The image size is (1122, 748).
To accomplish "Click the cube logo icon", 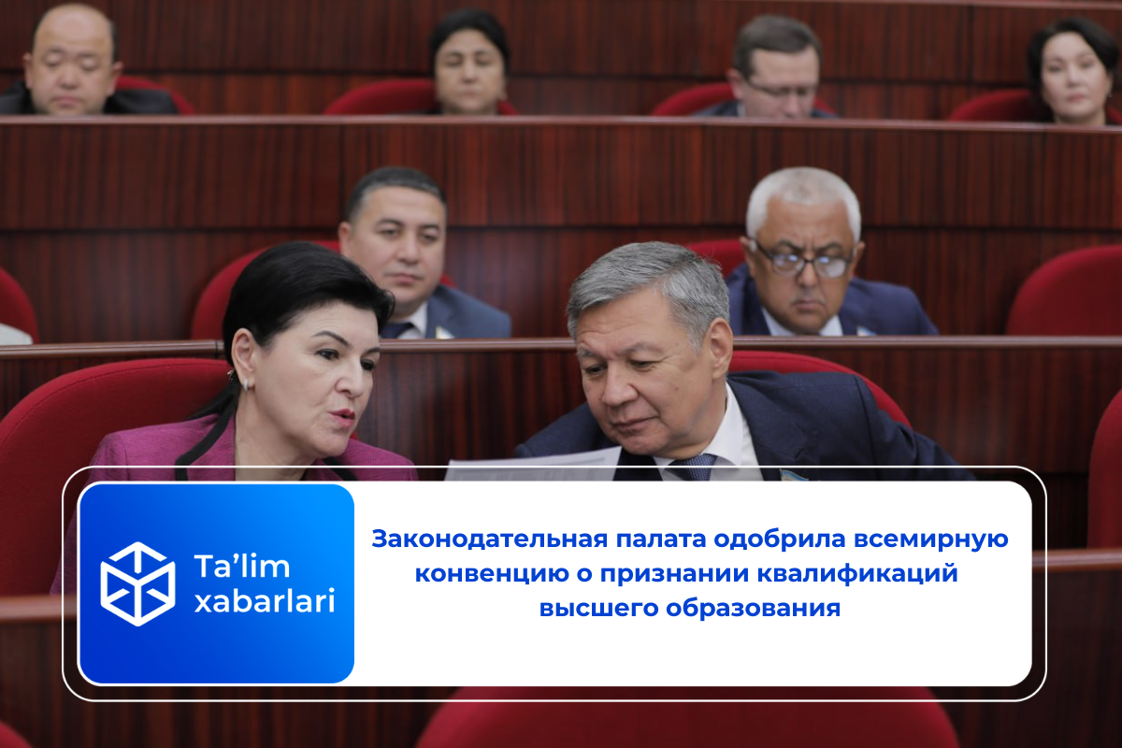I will pyautogui.click(x=137, y=583).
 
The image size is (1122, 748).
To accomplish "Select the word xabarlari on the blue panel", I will pyautogui.click(x=264, y=602).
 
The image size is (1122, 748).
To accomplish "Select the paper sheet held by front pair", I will pyautogui.click(x=533, y=465).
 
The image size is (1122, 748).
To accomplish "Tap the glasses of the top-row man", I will pyautogui.click(x=782, y=90).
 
